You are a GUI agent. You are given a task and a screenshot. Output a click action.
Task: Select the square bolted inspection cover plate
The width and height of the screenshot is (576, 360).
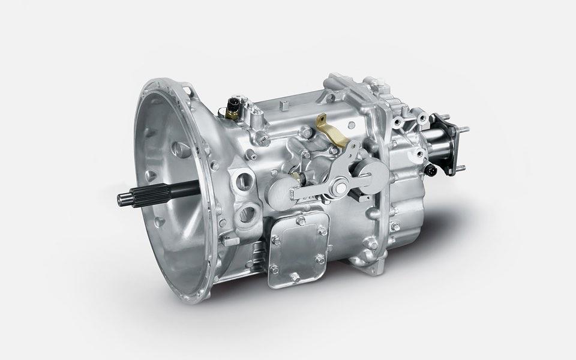coord(298,247)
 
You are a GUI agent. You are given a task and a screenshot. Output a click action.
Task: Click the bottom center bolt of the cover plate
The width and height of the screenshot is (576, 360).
coord(295,277)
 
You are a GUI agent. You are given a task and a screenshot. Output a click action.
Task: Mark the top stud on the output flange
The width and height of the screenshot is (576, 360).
coord(463,128)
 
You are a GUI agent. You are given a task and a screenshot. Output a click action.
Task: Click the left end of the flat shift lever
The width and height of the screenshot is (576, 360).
coord(295,193)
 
